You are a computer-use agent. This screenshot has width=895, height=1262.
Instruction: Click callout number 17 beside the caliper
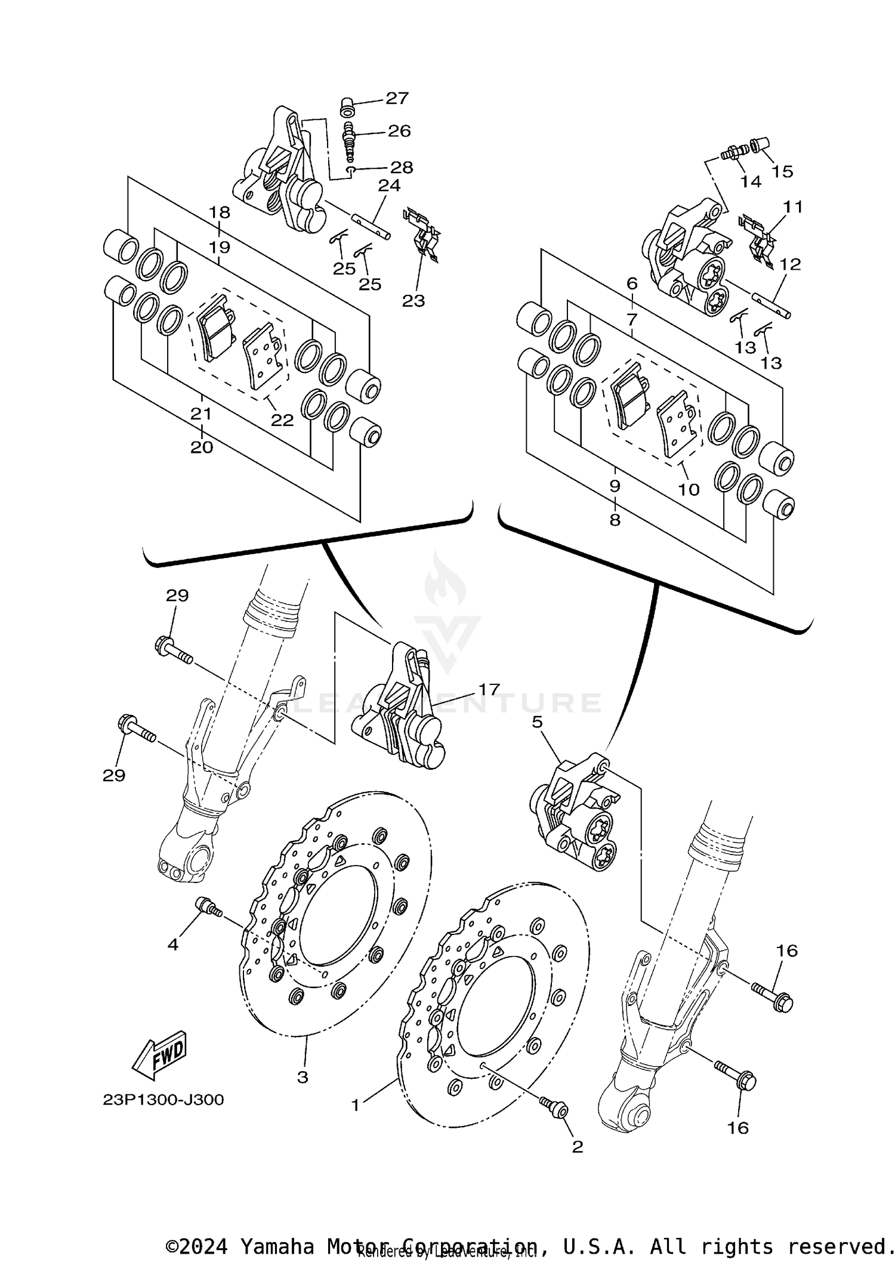[489, 690]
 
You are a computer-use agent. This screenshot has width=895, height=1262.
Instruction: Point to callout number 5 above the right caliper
[537, 723]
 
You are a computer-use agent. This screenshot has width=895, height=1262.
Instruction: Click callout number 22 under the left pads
[282, 420]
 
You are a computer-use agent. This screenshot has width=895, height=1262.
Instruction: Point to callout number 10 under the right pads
[689, 489]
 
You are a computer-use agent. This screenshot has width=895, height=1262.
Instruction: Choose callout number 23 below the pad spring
[413, 301]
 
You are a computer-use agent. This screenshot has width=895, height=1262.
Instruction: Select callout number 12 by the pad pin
[790, 264]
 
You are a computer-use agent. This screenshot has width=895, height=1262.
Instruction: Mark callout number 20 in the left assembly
[202, 447]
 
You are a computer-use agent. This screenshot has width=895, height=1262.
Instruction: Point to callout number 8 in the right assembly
[615, 520]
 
